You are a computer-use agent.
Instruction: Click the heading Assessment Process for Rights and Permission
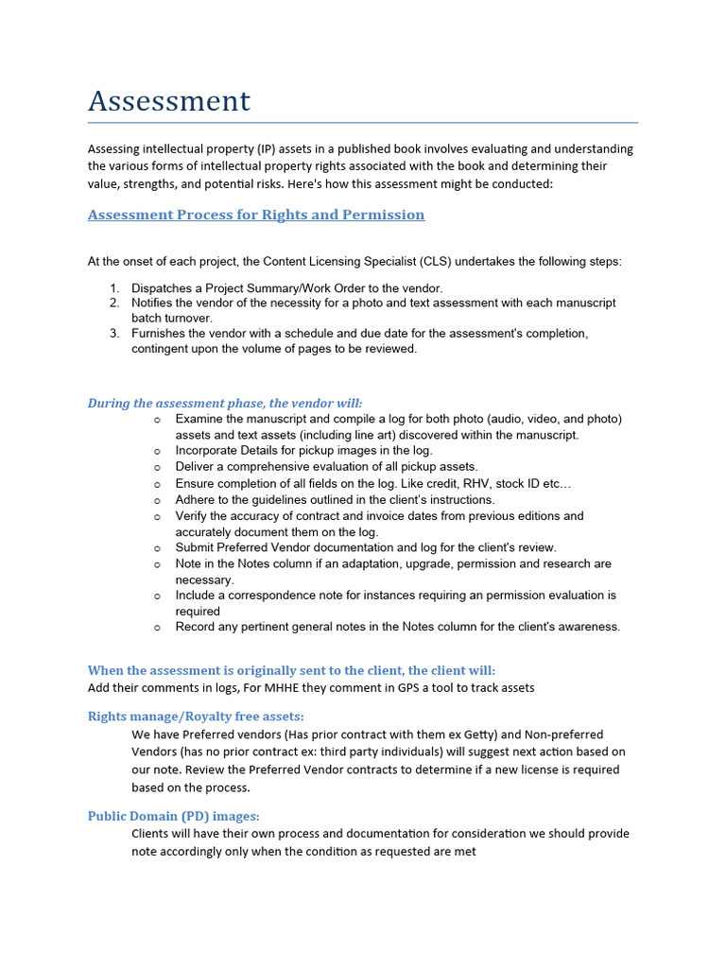256,215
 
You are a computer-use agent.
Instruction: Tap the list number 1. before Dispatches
113,287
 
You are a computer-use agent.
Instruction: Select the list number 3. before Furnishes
113,333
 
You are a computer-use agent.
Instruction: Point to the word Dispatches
164,287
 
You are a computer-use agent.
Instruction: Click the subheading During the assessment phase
225,403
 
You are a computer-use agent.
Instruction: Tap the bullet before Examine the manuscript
157,419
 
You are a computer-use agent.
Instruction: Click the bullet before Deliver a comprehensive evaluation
157,467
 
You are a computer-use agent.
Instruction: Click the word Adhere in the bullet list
195,499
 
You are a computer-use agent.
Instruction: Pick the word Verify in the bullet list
192,516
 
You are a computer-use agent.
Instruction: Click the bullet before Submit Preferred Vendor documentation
157,547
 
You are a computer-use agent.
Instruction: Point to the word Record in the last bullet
196,627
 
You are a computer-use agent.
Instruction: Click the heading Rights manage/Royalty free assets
196,716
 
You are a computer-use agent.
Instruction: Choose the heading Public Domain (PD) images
174,815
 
